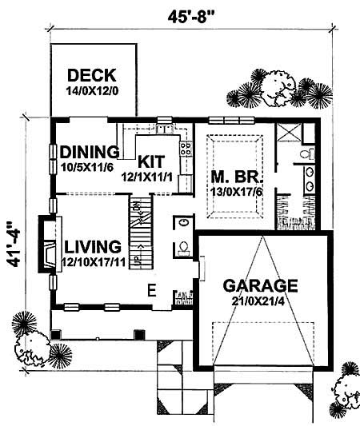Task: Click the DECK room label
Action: (x=92, y=76)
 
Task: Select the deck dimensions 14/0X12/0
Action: (x=92, y=91)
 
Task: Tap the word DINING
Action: (x=90, y=151)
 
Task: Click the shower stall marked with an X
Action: (x=286, y=133)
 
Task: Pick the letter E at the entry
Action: (x=150, y=290)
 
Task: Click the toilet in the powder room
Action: (x=183, y=246)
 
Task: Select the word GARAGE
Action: (x=260, y=285)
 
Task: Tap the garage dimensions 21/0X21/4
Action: (x=260, y=301)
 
